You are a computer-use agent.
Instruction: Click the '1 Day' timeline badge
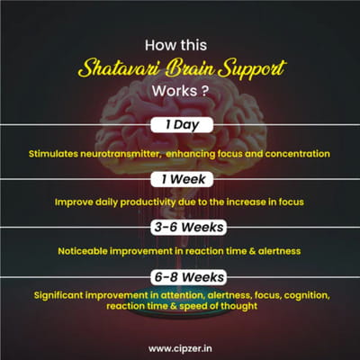[x=182, y=125]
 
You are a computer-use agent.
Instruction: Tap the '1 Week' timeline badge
[x=182, y=179]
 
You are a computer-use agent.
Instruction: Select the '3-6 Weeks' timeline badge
[x=189, y=227]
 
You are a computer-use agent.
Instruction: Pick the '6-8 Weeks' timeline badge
[x=189, y=277]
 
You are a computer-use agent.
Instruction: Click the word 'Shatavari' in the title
[x=117, y=68]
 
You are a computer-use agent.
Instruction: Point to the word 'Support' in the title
[x=252, y=69]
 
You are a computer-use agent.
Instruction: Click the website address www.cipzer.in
[x=180, y=348]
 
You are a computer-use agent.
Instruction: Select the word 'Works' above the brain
[x=170, y=91]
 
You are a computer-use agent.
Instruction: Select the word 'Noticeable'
[x=82, y=251]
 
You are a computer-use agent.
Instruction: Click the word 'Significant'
[x=58, y=295]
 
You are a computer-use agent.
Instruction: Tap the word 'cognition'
[x=307, y=295]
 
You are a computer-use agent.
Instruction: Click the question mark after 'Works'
[x=204, y=91]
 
